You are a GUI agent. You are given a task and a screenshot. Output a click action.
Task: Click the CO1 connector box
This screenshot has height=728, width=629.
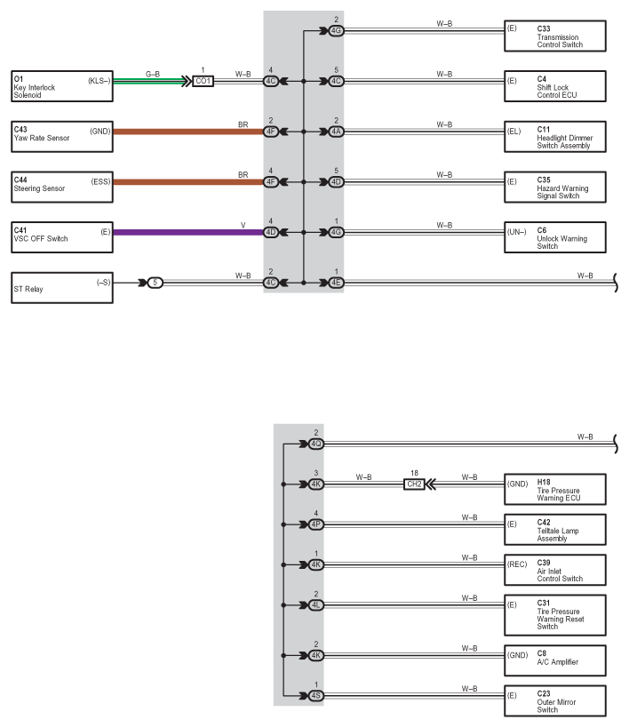tap(203, 81)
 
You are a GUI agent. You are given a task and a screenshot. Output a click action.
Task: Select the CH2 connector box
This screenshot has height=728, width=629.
tap(414, 484)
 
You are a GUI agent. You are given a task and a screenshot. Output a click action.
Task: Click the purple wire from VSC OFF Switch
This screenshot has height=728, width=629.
tap(188, 232)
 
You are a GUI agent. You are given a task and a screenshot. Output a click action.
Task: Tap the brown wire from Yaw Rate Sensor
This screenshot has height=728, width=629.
tap(188, 132)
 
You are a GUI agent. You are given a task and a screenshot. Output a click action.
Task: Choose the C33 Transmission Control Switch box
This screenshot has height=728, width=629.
tap(554, 36)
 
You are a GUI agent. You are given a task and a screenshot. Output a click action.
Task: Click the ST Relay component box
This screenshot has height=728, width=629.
tap(61, 288)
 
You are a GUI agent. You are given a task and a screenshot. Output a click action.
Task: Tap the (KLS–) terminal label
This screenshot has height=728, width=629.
tap(100, 81)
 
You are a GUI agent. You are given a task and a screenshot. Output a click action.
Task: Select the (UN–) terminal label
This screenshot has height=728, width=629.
tap(517, 232)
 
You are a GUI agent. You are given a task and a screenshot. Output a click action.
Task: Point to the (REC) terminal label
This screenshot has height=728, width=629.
tap(517, 564)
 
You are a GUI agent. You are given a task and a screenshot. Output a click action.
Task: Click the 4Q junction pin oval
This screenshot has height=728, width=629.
tap(316, 444)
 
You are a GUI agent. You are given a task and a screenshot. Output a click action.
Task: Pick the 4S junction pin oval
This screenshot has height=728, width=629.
tap(316, 695)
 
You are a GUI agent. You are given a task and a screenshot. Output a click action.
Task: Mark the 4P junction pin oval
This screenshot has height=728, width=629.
tap(316, 524)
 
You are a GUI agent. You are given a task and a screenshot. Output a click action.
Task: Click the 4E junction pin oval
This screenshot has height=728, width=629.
tap(337, 283)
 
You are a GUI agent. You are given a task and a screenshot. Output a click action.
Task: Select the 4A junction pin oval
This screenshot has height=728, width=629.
tap(337, 132)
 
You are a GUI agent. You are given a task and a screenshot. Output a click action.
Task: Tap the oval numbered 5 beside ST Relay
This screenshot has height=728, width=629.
tap(155, 283)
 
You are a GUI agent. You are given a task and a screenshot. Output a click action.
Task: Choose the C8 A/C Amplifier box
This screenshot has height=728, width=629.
tap(554, 660)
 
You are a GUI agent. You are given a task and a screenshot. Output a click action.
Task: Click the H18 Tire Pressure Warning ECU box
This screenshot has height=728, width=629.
tap(554, 489)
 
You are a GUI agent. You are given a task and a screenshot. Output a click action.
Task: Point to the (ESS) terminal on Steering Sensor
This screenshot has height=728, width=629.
tap(100, 181)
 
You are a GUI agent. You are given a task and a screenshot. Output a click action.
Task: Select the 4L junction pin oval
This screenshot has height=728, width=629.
tap(316, 605)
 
